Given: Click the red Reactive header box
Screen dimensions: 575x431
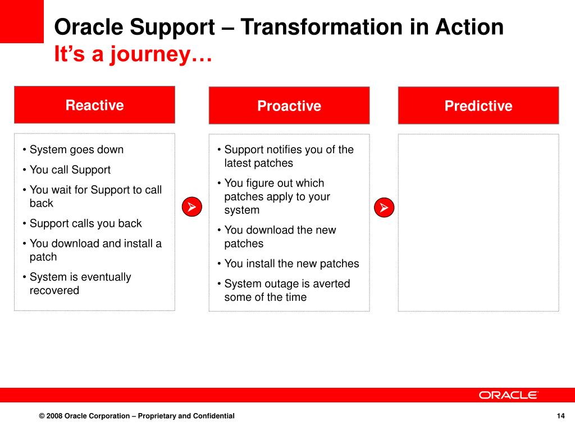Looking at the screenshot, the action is pyautogui.click(x=94, y=105).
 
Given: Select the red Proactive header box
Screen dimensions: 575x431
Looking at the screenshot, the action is pyautogui.click(x=289, y=106).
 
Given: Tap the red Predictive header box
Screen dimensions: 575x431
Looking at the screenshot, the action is pyautogui.click(x=478, y=106).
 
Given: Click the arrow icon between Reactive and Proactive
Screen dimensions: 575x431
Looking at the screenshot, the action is pyautogui.click(x=192, y=207).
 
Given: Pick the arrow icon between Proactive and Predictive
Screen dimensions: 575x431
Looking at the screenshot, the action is pyautogui.click(x=384, y=208).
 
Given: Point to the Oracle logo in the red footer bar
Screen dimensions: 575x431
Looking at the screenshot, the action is pyautogui.click(x=508, y=395).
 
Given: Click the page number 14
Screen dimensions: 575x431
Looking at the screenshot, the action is pyautogui.click(x=560, y=416).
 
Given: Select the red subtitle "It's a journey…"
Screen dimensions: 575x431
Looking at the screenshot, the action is pyautogui.click(x=133, y=54).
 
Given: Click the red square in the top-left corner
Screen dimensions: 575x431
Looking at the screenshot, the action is pyautogui.click(x=22, y=21).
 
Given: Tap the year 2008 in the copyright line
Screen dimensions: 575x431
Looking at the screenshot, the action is pyautogui.click(x=54, y=416).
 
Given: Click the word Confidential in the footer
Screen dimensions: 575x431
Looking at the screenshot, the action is pyautogui.click(x=213, y=416).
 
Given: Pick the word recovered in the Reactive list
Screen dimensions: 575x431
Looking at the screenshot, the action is pyautogui.click(x=54, y=290).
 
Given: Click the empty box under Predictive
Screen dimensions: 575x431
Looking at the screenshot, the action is pyautogui.click(x=478, y=223).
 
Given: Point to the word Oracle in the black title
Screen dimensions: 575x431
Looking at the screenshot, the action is pyautogui.click(x=88, y=27).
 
